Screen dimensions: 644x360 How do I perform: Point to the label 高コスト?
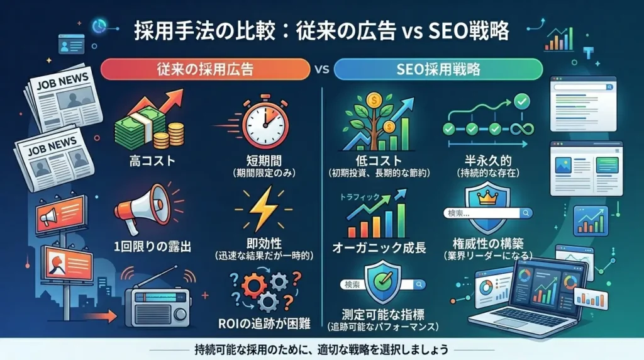pyautogui.click(x=148, y=162)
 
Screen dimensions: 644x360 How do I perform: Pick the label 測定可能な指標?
pyautogui.click(x=376, y=315)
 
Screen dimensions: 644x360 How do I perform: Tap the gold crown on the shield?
pyautogui.click(x=489, y=199)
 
